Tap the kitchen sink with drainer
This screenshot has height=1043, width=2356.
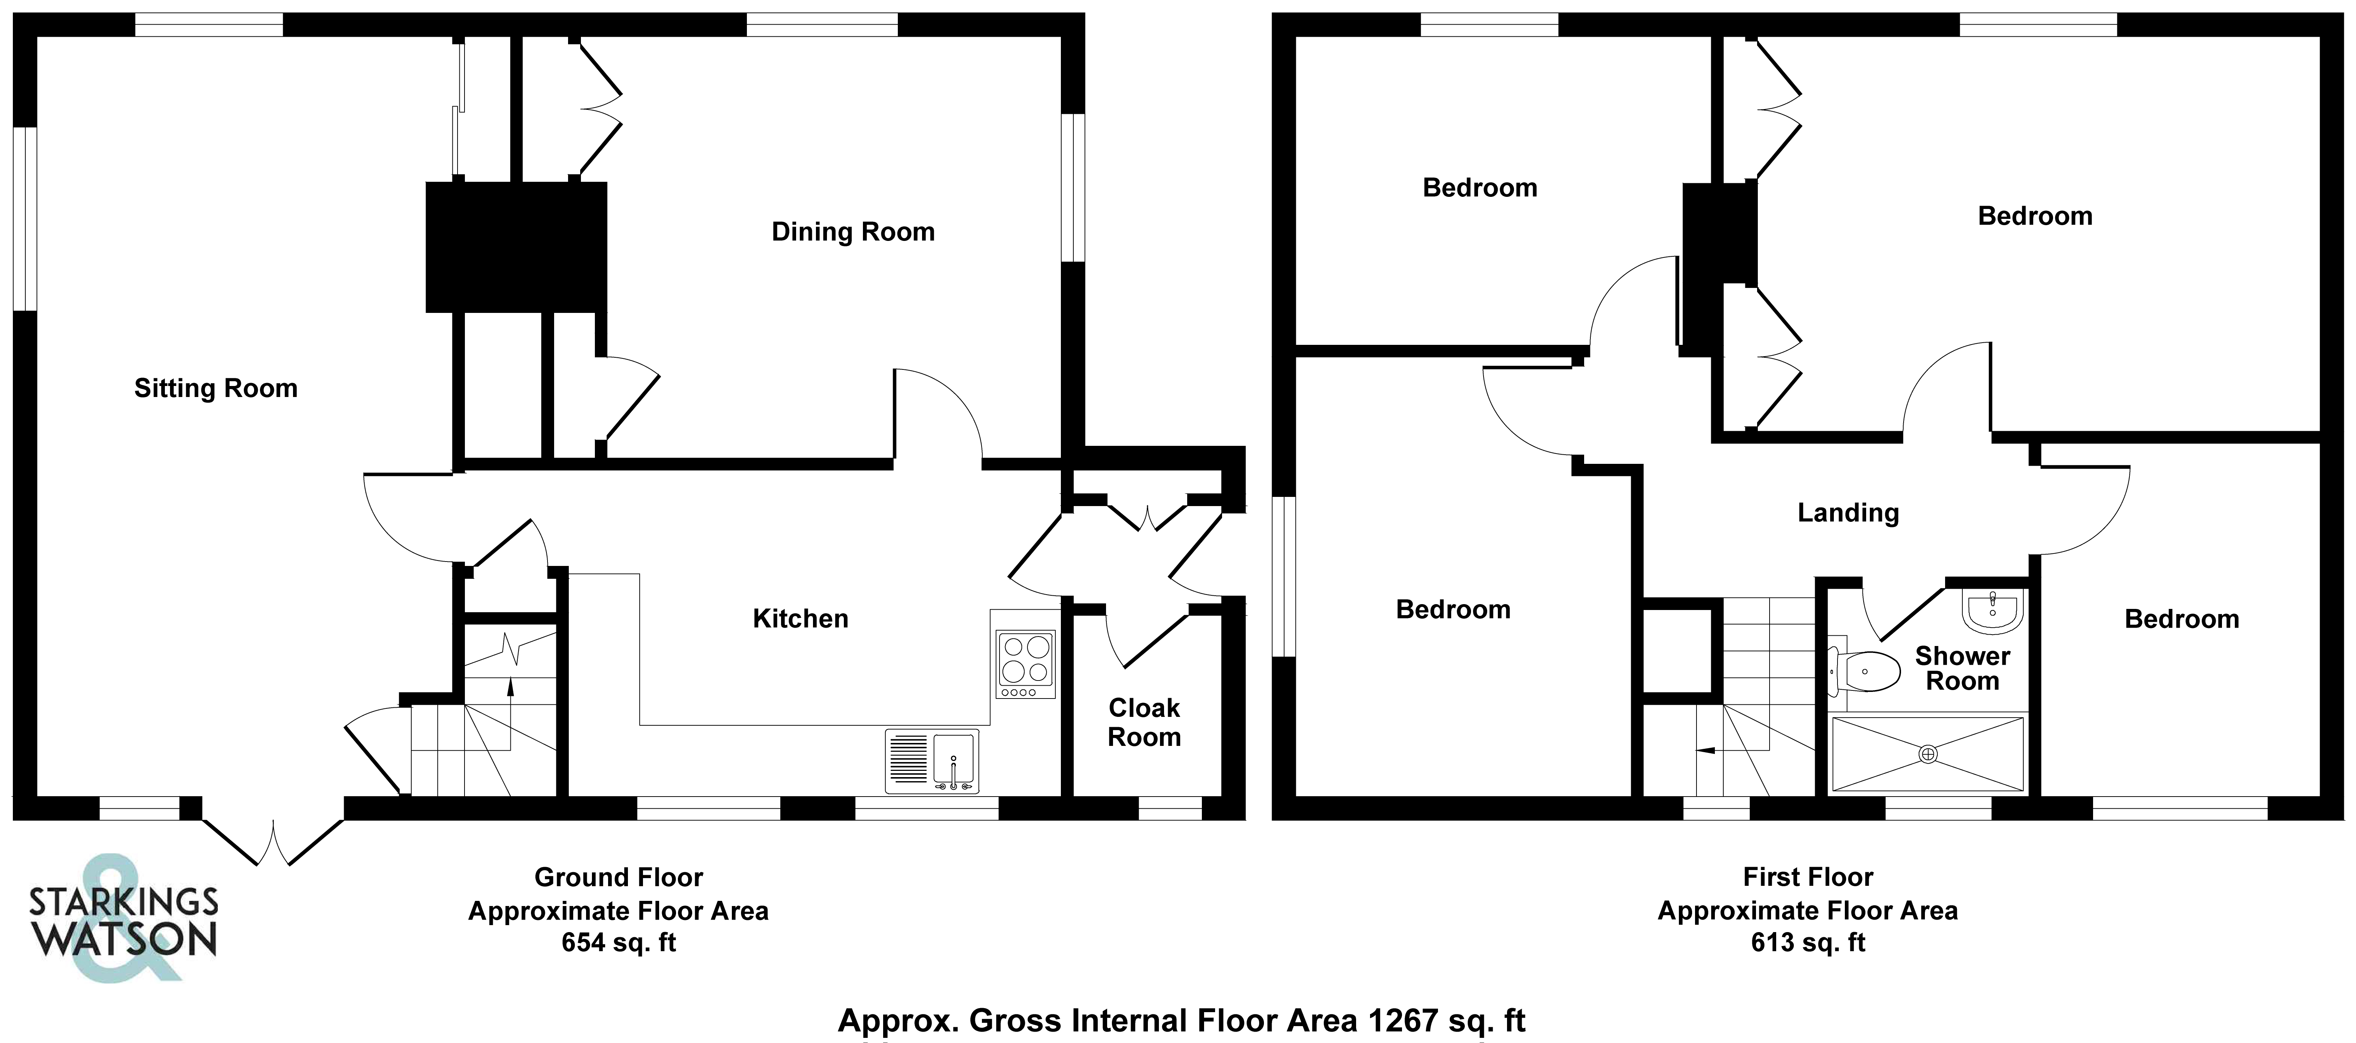pyautogui.click(x=931, y=760)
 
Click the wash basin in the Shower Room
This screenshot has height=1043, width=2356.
pyautogui.click(x=1992, y=610)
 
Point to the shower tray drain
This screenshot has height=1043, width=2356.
pyautogui.click(x=1928, y=754)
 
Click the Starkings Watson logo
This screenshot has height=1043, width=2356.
pyautogui.click(x=123, y=920)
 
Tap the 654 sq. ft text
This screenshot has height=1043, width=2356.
pyautogui.click(x=618, y=942)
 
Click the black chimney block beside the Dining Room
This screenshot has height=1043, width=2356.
pyautogui.click(x=516, y=247)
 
